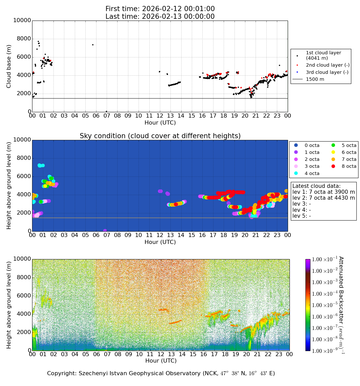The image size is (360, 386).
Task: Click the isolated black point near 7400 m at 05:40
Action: pos(93,45)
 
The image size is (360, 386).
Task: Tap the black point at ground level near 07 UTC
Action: pos(106,111)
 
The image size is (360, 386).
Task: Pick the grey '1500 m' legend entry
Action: pos(315,79)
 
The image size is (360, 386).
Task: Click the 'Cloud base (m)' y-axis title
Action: pos(9,66)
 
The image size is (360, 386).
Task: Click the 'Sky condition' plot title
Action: pos(160,136)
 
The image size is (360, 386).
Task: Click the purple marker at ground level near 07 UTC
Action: pos(105,231)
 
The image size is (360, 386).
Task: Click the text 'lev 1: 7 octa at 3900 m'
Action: pos(323,192)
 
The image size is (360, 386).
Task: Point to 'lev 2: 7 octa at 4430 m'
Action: pos(323,198)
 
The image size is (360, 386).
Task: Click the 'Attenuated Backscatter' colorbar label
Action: pos(341,305)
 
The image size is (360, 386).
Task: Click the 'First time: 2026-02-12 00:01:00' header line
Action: pos(160,9)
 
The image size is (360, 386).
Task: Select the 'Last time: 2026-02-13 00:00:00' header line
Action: pos(160,16)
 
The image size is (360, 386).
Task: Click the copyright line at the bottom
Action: pos(161,373)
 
